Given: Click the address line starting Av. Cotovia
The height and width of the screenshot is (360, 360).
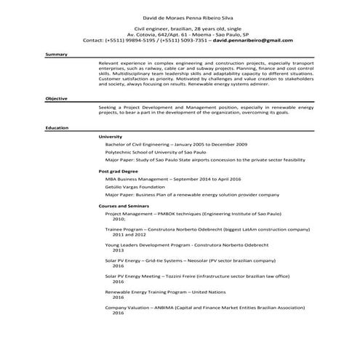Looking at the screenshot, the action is coord(179,34).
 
